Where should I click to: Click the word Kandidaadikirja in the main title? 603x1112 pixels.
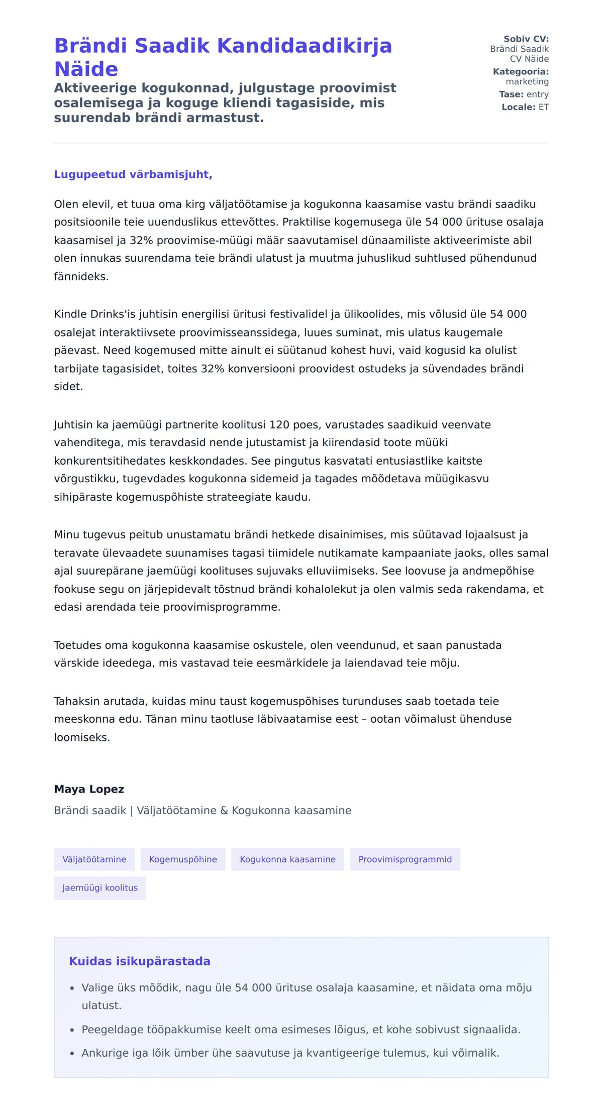[x=304, y=46]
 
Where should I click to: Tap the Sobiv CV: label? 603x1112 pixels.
[x=526, y=39]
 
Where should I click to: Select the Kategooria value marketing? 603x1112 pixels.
[x=527, y=81]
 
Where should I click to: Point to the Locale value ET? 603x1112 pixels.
[x=544, y=107]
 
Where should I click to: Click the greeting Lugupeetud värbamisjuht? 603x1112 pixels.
[x=133, y=174]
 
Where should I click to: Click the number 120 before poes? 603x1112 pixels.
[x=279, y=425]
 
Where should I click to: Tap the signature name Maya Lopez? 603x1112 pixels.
[x=89, y=789]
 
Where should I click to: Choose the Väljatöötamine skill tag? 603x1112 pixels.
[x=94, y=859]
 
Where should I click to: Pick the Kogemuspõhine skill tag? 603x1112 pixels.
[x=183, y=859]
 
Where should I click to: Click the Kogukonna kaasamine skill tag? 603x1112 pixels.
[x=287, y=859]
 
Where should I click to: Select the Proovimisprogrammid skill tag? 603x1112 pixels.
[x=405, y=859]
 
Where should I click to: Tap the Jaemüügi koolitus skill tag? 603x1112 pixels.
[x=100, y=888]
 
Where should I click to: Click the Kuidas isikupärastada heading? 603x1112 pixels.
[x=140, y=961]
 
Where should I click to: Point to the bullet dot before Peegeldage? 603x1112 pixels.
[x=72, y=1030]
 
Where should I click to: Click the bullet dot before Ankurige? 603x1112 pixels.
[x=72, y=1053]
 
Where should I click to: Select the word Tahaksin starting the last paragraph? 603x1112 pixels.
[x=75, y=701]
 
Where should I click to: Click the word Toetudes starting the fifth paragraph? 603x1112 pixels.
[x=76, y=645]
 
